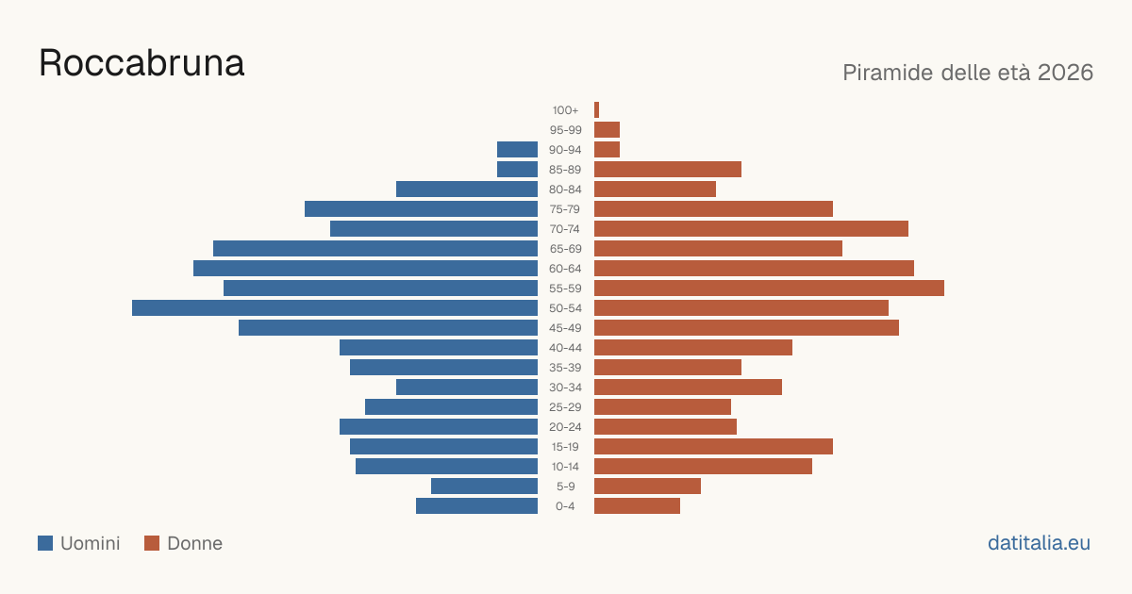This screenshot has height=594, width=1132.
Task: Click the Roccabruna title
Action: tap(141, 63)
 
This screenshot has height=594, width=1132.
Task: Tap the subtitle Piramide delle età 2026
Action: tap(968, 73)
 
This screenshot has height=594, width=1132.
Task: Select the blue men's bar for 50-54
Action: tap(335, 308)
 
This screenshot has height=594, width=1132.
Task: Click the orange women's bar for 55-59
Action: tap(769, 288)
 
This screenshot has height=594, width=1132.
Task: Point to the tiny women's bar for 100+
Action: tap(597, 110)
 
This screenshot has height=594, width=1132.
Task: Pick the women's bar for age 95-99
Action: tap(607, 130)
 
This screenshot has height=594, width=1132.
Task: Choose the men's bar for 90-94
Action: tap(518, 150)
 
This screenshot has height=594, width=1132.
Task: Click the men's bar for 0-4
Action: tap(476, 506)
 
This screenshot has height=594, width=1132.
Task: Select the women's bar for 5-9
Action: tap(647, 486)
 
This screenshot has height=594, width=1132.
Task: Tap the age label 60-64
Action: tap(565, 269)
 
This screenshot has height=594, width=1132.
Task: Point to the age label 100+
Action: tap(565, 110)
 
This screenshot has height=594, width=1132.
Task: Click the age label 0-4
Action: tap(565, 506)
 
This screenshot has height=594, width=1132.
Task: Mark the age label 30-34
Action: tap(565, 388)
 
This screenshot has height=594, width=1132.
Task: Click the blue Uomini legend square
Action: tap(45, 543)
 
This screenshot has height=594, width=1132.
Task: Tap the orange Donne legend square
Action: tap(152, 543)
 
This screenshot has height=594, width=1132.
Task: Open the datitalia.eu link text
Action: tap(1039, 543)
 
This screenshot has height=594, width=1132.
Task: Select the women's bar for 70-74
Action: tap(751, 229)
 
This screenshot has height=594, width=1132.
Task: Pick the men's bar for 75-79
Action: tap(421, 209)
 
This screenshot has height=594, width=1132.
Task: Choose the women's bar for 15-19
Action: tap(713, 447)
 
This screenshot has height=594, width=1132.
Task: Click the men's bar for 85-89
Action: tap(518, 169)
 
